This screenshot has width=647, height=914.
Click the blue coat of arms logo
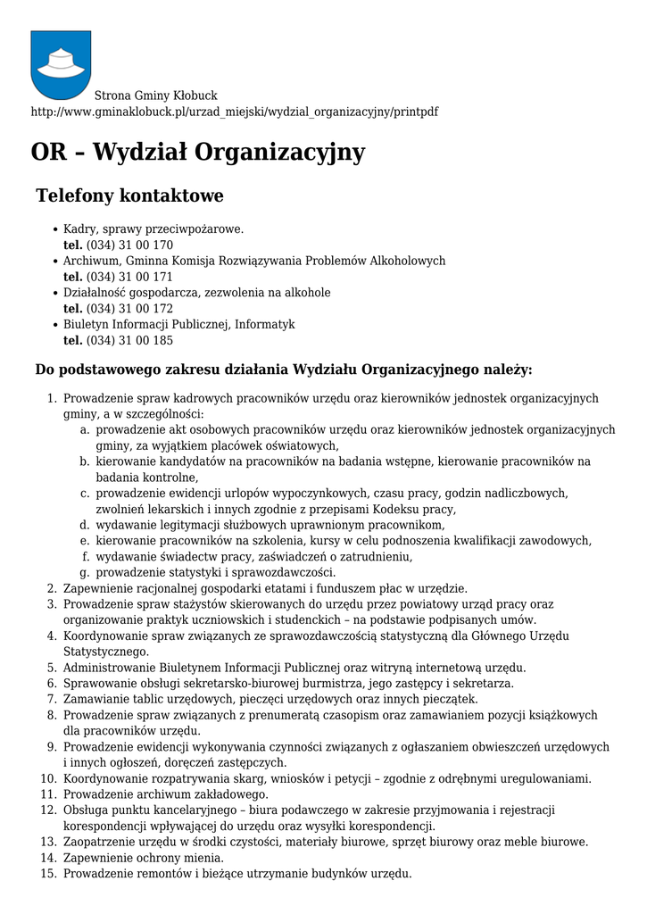click(61, 64)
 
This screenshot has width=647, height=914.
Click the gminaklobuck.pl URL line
click(234, 112)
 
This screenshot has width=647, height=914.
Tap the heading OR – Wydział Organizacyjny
click(197, 153)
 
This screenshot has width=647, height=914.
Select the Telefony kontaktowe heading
click(129, 195)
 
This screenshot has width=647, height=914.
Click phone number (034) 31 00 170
click(129, 245)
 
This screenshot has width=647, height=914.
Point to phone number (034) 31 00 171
click(129, 278)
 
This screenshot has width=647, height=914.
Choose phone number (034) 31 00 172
click(129, 309)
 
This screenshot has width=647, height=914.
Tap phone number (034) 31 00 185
click(129, 341)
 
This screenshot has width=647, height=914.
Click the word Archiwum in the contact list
click(90, 262)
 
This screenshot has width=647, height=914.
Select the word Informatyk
click(264, 325)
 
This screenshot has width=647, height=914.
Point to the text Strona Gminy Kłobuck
click(156, 96)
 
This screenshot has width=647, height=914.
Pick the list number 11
click(49, 794)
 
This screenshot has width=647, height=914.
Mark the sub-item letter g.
click(85, 573)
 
